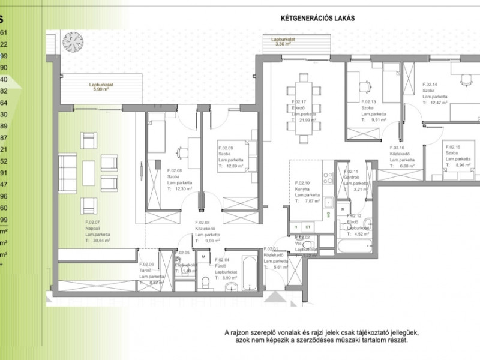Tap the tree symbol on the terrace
click(x=73, y=40)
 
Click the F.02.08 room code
click(x=175, y=170)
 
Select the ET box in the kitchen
click(x=307, y=227)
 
